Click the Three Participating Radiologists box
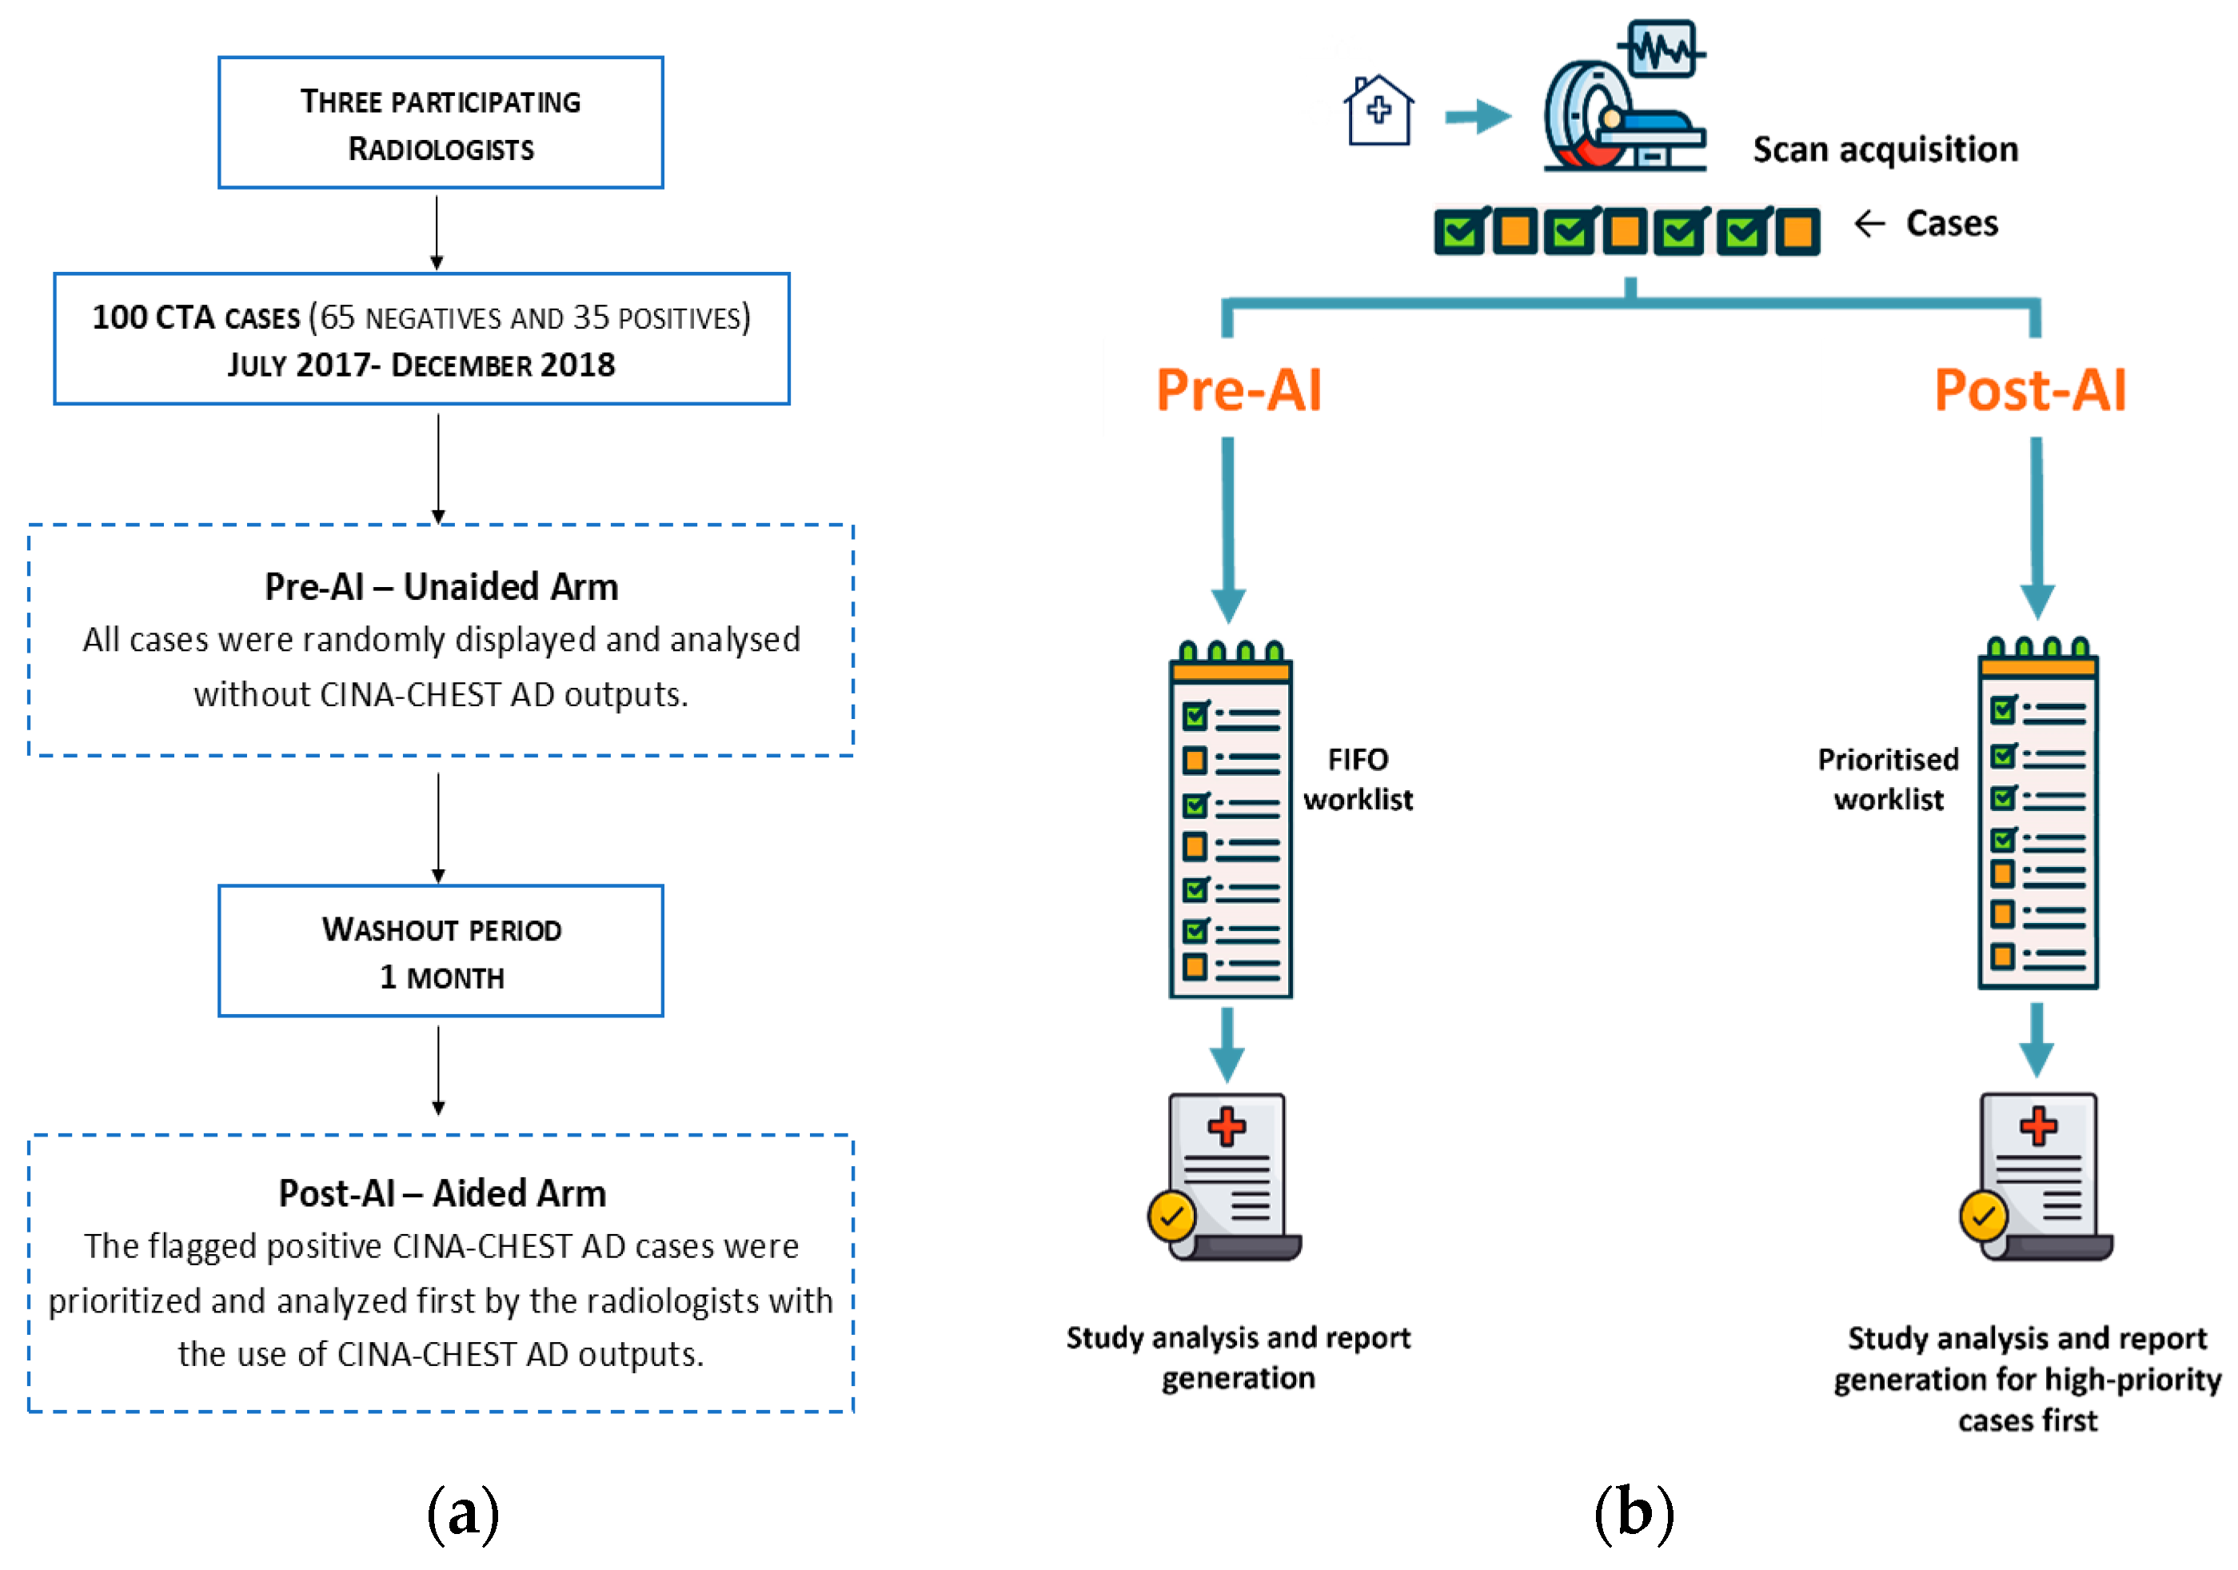tap(441, 123)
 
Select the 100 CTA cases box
tap(421, 338)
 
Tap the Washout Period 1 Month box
tap(441, 951)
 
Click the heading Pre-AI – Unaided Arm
tap(441, 587)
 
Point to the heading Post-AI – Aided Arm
tap(441, 1193)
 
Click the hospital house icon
tap(1378, 111)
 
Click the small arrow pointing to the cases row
tap(1869, 223)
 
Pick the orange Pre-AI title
tap(1238, 390)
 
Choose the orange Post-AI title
tap(2029, 390)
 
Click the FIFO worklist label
tap(1358, 779)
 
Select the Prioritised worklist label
tap(1887, 779)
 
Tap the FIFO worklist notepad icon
tap(1230, 821)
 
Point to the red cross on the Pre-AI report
tap(1227, 1127)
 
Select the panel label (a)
tap(463, 1513)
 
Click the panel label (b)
tap(1634, 1513)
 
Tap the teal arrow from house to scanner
tap(1477, 117)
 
